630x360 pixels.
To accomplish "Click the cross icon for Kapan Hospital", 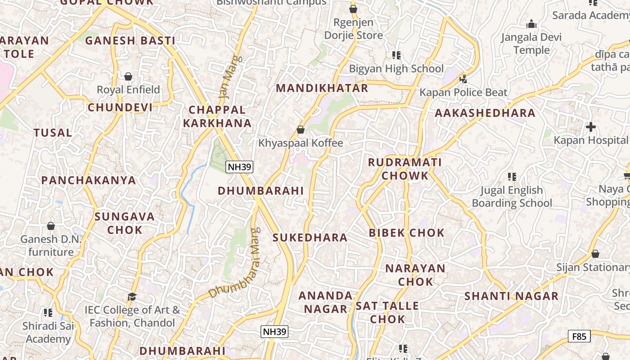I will pos(591,127).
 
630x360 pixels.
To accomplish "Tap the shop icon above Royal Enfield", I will pos(128,77).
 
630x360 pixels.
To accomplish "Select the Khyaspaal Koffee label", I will pos(301,143).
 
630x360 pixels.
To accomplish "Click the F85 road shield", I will pos(579,336).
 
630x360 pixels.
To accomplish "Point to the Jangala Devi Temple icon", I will pos(531,24).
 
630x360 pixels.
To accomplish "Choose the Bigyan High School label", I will pos(396,69).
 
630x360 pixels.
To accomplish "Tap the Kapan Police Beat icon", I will pos(463,80).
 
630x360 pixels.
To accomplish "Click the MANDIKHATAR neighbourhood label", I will pos(322,88).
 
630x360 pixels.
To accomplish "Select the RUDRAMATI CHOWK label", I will pos(405,169).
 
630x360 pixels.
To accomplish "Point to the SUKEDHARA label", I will pos(310,238).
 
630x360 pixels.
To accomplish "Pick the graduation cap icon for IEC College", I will pos(132,297).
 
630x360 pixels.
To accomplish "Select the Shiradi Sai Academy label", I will pos(48,332).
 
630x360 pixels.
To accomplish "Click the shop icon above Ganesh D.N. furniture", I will pos(51,226).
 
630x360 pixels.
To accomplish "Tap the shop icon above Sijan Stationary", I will pos(595,254).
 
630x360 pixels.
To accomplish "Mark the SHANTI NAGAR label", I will pos(511,296).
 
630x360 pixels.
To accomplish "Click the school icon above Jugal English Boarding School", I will pos(512,177).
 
